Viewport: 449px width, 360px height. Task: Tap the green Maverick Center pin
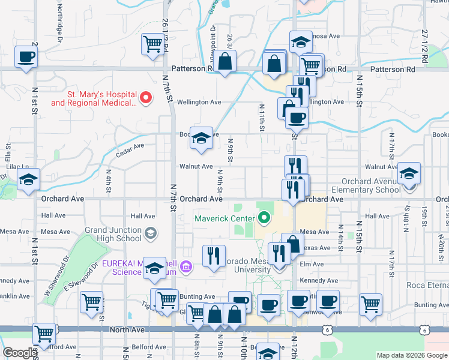[x=263, y=218]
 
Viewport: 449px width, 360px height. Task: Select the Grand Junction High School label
[x=113, y=234]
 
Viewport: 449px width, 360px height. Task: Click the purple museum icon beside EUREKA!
[x=185, y=266]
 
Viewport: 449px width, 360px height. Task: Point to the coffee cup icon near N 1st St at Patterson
[x=25, y=58]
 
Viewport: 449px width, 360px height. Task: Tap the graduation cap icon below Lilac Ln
[x=28, y=179]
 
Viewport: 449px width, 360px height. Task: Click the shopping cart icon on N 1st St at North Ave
[x=44, y=334]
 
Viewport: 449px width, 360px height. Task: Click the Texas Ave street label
[x=316, y=248]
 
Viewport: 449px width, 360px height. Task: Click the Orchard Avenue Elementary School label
[x=371, y=185]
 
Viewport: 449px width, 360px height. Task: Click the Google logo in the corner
[x=20, y=353]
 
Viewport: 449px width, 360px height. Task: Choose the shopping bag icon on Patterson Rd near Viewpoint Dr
[x=225, y=61]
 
